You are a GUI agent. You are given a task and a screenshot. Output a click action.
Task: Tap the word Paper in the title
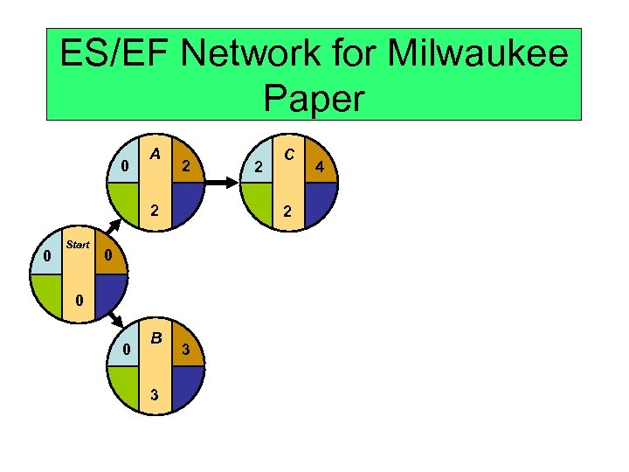click(313, 99)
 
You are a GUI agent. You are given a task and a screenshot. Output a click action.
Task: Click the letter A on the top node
click(154, 154)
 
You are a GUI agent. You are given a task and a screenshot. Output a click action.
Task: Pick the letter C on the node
click(288, 154)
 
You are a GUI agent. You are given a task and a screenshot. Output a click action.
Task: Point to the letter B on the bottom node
click(155, 337)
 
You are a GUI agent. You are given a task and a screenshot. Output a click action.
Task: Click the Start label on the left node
click(78, 245)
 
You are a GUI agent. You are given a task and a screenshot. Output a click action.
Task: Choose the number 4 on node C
click(320, 165)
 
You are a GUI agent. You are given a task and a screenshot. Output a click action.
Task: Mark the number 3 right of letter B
click(185, 350)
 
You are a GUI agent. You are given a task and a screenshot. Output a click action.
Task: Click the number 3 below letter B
click(155, 394)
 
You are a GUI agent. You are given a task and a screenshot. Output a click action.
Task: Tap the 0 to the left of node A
click(125, 165)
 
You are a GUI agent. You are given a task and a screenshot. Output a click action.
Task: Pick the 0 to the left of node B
click(125, 350)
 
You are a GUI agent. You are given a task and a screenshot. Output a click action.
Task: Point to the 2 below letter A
click(154, 211)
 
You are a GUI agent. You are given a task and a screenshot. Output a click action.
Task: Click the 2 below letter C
click(288, 211)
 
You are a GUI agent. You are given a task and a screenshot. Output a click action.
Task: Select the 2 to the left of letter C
click(257, 165)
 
